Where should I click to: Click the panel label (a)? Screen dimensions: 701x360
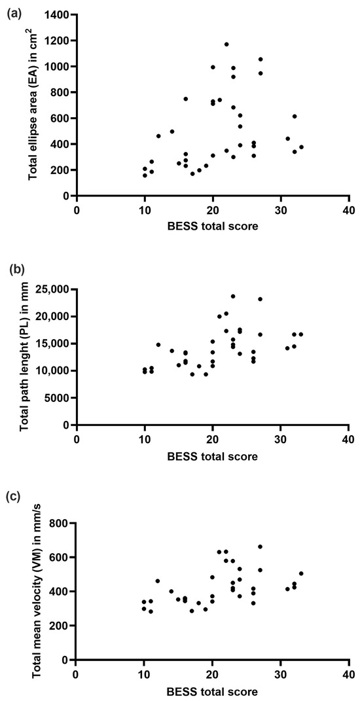pyautogui.click(x=12, y=12)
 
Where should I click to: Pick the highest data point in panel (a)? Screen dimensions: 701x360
pyautogui.click(x=226, y=45)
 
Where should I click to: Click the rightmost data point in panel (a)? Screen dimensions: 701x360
pyautogui.click(x=301, y=147)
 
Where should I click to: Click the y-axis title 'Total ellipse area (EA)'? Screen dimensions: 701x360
pyautogui.click(x=31, y=105)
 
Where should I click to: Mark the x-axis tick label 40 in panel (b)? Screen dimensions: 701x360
pyautogui.click(x=348, y=438)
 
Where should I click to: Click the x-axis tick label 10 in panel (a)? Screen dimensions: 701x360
pyautogui.click(x=145, y=209)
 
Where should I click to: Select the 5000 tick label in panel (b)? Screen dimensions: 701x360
pyautogui.click(x=57, y=397)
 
